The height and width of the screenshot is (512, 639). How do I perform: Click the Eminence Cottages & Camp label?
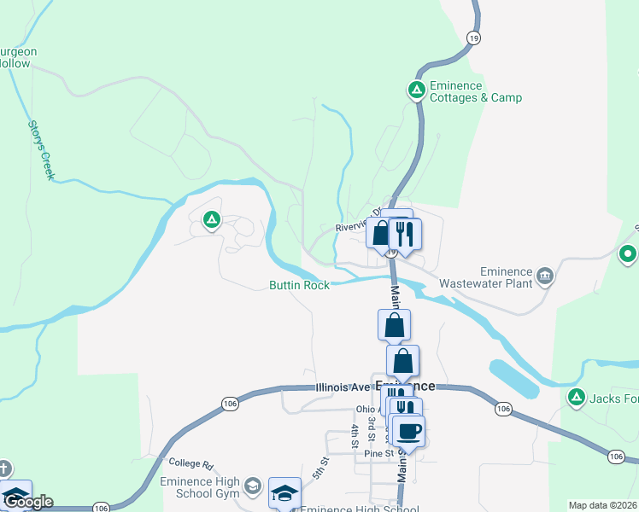pos(476,92)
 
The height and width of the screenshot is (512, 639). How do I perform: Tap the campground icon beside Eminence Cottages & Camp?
pos(417,90)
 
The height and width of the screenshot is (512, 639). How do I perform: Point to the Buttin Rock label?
pos(299,286)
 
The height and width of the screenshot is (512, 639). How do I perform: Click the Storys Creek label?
pos(41,150)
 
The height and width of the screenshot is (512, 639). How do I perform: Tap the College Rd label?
pos(191,463)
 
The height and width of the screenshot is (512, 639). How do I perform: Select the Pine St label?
pos(377,453)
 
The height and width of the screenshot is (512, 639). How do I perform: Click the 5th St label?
pos(320,468)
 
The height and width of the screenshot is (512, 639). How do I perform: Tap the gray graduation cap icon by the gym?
pos(252,486)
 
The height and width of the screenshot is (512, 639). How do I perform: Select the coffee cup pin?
pos(408,431)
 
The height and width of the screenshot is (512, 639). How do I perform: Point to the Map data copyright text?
pos(603,505)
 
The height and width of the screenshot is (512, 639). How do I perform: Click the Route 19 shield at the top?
pos(472,38)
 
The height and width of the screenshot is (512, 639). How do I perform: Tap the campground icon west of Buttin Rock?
pos(212,221)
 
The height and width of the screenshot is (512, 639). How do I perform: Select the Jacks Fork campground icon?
pos(577,397)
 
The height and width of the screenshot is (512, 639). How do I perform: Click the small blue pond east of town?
pos(513,378)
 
